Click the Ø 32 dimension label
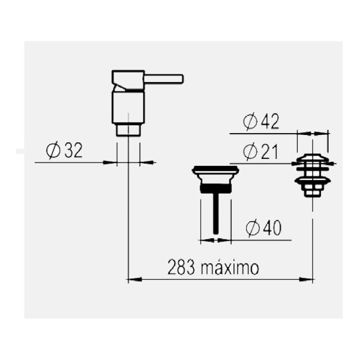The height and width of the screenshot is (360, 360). (x=64, y=151)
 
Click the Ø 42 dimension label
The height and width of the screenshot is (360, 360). (x=261, y=122)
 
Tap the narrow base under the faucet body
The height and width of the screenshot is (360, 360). (x=128, y=129)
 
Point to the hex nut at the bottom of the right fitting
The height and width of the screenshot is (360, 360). (x=313, y=191)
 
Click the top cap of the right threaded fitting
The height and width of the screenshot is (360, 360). (x=313, y=157)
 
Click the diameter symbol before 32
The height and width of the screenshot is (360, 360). (x=52, y=151)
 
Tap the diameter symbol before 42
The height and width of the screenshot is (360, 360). (x=250, y=122)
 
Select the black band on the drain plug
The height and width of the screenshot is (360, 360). (x=216, y=188)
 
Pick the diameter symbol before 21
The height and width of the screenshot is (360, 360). (x=250, y=152)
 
